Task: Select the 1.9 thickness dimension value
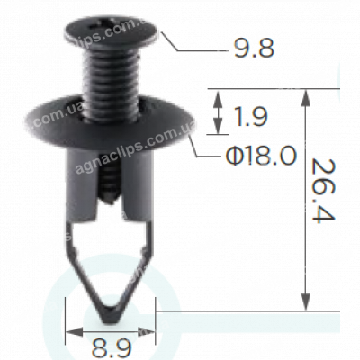tap(255, 116)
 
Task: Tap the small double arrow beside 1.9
tap(216, 115)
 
